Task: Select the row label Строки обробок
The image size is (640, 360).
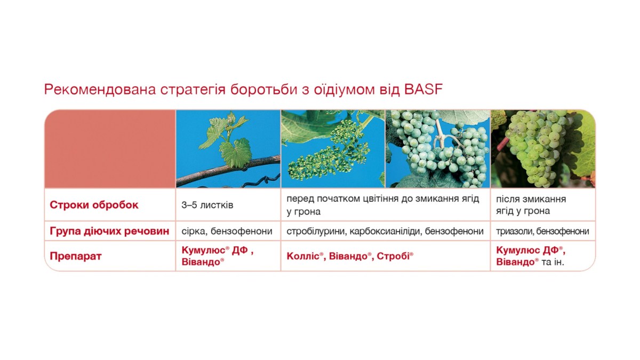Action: (94, 205)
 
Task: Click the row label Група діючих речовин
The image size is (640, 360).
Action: (109, 231)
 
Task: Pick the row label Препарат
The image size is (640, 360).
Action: (76, 256)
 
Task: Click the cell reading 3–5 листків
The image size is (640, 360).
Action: (207, 205)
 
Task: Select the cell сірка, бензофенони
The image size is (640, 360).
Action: (227, 231)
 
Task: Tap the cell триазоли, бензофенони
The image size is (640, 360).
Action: (542, 231)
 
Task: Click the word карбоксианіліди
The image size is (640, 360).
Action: (385, 231)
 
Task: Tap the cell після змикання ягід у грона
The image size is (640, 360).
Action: (531, 205)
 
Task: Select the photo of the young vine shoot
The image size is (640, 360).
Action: (228, 149)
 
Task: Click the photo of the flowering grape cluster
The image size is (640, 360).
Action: (333, 149)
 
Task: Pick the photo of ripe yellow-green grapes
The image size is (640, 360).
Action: (543, 149)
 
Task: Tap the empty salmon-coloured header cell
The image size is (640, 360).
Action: (110, 149)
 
